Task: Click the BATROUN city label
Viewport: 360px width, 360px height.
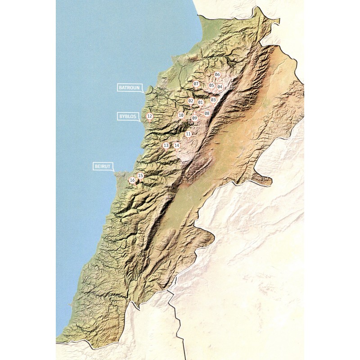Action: (130, 87)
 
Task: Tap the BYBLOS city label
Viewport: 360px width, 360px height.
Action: (128, 116)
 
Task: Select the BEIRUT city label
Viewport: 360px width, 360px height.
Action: (103, 166)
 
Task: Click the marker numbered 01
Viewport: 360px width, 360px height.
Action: (201, 102)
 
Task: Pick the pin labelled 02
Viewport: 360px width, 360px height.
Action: (191, 101)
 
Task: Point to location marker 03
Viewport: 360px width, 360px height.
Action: (213, 99)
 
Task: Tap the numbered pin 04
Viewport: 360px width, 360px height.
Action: (220, 86)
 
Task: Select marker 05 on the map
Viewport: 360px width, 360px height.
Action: (211, 85)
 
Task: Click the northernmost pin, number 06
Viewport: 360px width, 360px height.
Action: (217, 74)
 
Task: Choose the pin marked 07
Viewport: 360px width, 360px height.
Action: (196, 84)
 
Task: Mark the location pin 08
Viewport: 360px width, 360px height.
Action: (207, 113)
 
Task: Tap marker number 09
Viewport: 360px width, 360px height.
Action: (194, 118)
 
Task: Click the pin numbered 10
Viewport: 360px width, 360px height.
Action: (181, 115)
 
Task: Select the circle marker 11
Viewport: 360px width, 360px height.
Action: (188, 134)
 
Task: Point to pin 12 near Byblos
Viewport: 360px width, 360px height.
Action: (149, 116)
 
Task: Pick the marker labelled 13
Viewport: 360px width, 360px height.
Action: (166, 145)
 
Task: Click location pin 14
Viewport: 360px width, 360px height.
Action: (177, 145)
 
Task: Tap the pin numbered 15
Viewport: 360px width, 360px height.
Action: (140, 175)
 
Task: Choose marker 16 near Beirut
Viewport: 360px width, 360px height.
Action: (132, 180)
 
